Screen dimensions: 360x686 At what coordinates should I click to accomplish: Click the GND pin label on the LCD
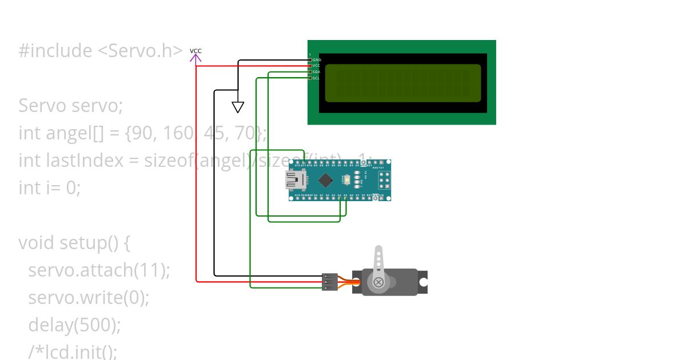(x=316, y=60)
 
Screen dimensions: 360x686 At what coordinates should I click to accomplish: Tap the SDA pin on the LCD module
(x=316, y=72)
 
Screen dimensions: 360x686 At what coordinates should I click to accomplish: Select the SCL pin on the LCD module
(x=316, y=78)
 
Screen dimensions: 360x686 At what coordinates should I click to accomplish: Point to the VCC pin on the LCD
(x=316, y=66)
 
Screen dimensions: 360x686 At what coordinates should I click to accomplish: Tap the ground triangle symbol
(x=238, y=107)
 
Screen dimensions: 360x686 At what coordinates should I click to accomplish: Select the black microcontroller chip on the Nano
(x=326, y=181)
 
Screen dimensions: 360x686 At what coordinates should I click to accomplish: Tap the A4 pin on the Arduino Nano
(x=340, y=198)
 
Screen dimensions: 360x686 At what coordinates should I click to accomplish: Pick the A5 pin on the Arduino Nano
(x=345, y=198)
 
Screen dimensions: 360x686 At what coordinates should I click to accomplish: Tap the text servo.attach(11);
(x=99, y=270)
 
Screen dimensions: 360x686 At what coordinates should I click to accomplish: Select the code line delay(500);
(x=74, y=325)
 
